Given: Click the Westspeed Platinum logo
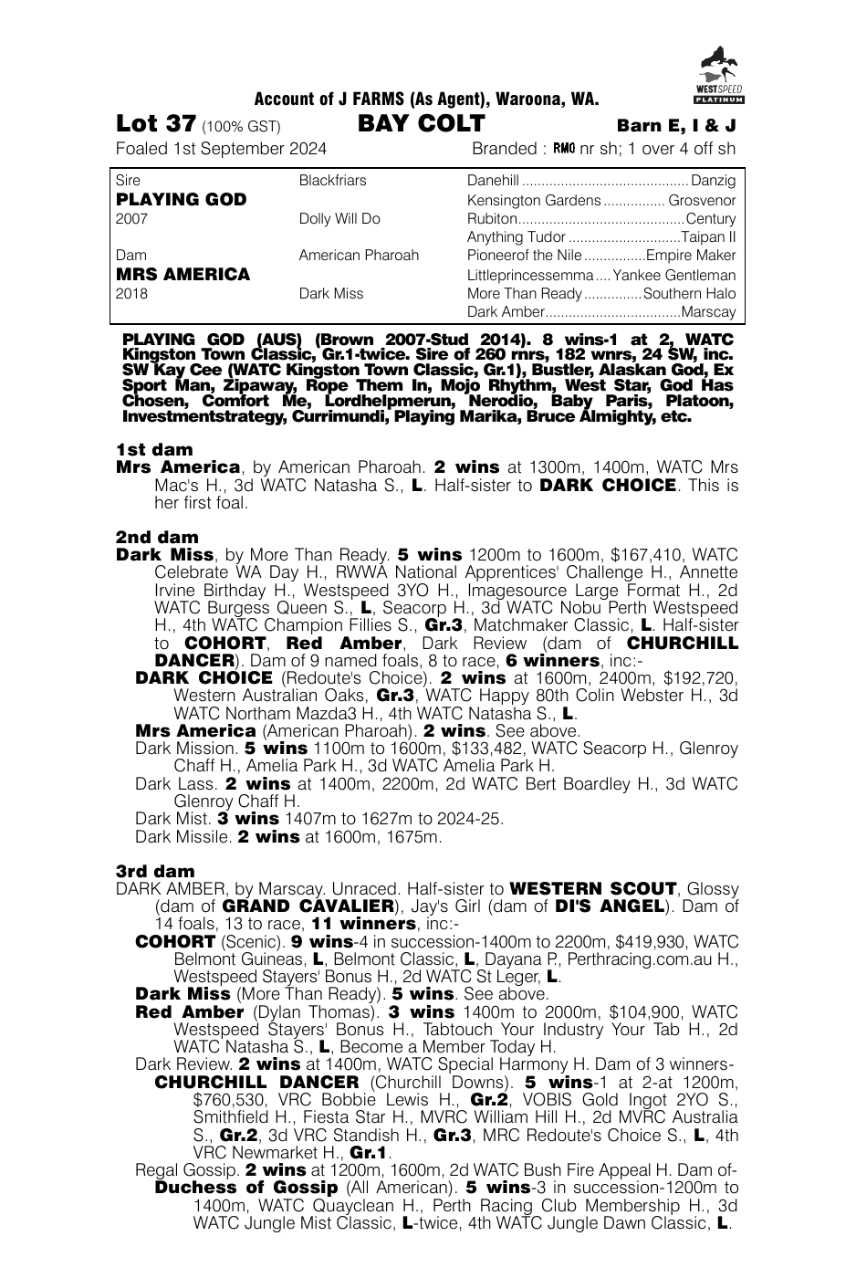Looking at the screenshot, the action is [718, 73].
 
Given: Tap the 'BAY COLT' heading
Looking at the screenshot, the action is [421, 124].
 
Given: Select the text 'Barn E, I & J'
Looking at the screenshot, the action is [676, 126].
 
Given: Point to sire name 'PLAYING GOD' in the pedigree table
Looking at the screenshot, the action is [182, 199].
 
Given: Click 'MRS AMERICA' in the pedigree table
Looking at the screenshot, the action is [183, 274].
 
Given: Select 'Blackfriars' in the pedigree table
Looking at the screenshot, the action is [332, 181].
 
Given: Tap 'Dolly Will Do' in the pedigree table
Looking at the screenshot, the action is [339, 218].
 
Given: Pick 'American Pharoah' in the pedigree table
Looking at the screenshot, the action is [359, 256].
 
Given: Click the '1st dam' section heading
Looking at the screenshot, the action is [154, 449].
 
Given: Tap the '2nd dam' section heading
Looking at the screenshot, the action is [157, 537].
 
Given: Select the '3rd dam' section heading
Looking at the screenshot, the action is [155, 871].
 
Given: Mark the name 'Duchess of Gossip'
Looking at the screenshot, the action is [246, 1188].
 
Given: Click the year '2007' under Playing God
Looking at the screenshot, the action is [131, 218].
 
